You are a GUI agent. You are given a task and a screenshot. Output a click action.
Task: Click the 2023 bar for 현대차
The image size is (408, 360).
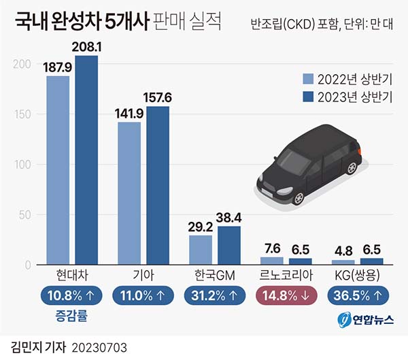pyautogui.click(x=86, y=160)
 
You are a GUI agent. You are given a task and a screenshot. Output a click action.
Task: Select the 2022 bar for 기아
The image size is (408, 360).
pyautogui.click(x=129, y=193)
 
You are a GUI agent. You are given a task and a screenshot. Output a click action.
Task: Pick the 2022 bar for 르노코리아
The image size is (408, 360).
pyautogui.click(x=272, y=261)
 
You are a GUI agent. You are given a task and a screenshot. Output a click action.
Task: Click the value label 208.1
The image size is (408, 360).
pyautogui.click(x=86, y=48)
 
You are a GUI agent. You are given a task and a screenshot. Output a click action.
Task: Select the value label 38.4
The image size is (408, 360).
pyautogui.click(x=229, y=218)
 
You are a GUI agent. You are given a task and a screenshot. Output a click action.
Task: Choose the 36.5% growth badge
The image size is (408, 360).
pyautogui.click(x=358, y=296)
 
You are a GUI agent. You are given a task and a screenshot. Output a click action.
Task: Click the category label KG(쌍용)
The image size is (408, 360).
pyautogui.click(x=358, y=275)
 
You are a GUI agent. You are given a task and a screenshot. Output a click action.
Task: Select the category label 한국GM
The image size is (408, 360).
pyautogui.click(x=215, y=275)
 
